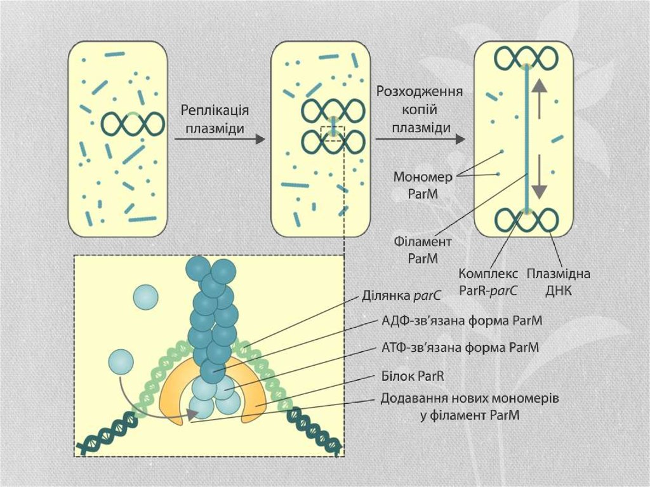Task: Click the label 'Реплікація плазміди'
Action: click(x=215, y=118)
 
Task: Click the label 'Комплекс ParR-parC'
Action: click(x=487, y=283)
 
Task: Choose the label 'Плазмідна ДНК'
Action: click(x=559, y=283)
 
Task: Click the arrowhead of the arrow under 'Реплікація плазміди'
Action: click(x=259, y=139)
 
